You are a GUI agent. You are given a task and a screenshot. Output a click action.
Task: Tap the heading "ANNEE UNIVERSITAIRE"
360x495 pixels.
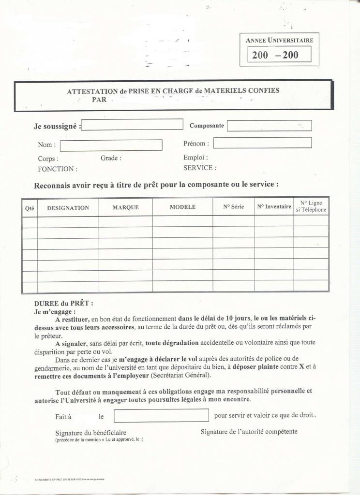coord(279,40)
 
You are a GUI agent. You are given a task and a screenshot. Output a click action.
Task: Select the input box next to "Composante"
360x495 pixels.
coord(269,126)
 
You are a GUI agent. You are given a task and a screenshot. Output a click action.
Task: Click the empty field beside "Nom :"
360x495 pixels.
coord(111,145)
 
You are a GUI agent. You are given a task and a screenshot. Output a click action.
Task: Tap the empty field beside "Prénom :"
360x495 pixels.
coord(262,143)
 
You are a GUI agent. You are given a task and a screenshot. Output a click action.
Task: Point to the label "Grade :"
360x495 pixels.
coord(111,158)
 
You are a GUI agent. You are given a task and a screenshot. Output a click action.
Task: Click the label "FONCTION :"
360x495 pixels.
coord(57,169)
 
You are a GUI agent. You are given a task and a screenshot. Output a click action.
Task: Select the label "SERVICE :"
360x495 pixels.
coord(200,168)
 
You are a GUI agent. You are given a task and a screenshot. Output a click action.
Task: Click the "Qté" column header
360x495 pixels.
coord(30,208)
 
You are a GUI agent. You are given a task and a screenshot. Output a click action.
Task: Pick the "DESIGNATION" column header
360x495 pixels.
coord(68,208)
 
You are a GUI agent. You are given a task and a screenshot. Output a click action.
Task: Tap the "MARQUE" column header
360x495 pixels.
coord(125,207)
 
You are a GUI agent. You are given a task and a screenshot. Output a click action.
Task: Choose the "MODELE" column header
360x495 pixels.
coord(182,207)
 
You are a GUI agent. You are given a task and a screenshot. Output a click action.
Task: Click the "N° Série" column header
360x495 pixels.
coord(233,207)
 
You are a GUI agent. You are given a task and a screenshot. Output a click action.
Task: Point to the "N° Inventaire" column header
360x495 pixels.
coord(274,207)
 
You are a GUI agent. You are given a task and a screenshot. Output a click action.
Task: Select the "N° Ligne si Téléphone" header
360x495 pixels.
coord(311,206)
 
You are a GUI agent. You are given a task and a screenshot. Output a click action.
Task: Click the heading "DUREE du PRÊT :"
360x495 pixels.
coord(63,304)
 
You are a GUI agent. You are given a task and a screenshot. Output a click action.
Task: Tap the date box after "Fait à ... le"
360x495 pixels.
coord(161,415)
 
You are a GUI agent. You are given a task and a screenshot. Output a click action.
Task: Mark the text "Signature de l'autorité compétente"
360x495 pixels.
coord(249,432)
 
